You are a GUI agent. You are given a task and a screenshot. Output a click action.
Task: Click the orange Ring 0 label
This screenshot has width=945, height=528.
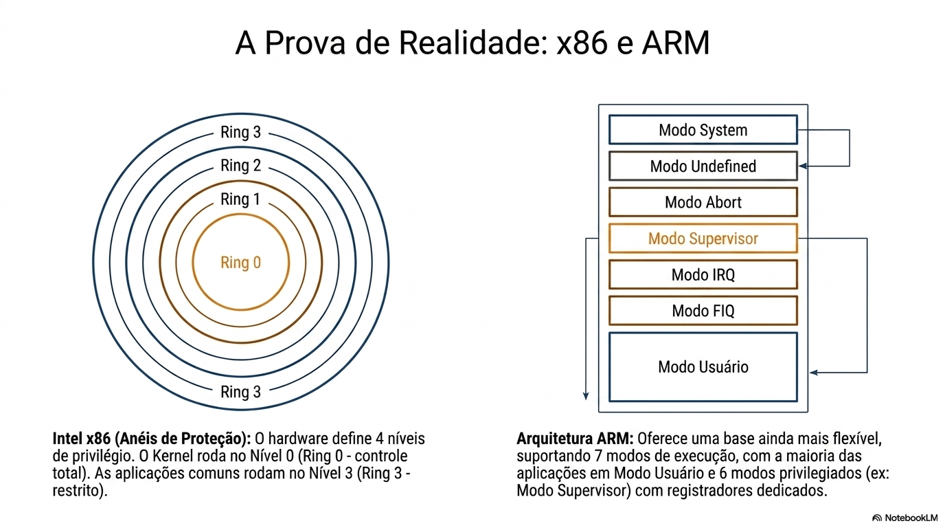240,263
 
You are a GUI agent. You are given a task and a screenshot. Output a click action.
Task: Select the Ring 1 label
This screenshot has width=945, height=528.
240,199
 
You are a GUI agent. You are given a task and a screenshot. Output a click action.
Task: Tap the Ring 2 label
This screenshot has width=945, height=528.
240,166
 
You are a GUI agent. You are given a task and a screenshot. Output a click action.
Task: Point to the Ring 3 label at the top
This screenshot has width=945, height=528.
240,132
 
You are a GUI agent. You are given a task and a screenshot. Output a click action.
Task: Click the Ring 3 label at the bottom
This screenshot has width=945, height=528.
240,392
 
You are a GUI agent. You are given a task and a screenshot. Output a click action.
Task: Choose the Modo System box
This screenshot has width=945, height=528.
703,130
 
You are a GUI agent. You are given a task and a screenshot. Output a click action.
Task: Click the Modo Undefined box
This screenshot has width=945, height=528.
703,166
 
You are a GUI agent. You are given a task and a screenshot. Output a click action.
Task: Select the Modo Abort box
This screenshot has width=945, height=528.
703,202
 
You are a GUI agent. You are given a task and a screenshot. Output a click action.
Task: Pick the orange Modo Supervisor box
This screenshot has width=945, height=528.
703,239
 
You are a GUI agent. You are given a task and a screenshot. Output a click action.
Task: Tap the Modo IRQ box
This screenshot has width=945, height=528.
703,275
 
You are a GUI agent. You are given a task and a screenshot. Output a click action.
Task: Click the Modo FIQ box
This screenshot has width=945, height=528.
703,311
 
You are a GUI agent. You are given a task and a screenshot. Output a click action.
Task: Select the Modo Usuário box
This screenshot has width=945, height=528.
703,366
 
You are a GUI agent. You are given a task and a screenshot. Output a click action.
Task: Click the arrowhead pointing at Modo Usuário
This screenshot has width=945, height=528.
814,373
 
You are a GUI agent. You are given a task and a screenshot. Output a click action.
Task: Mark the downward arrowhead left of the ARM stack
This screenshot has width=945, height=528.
586,395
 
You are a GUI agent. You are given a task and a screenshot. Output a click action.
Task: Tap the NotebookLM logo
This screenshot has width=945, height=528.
904,517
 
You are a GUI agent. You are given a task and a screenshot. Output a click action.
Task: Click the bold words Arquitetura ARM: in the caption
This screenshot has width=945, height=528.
575,438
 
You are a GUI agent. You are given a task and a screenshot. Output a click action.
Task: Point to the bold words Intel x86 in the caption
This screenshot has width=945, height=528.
80,438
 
